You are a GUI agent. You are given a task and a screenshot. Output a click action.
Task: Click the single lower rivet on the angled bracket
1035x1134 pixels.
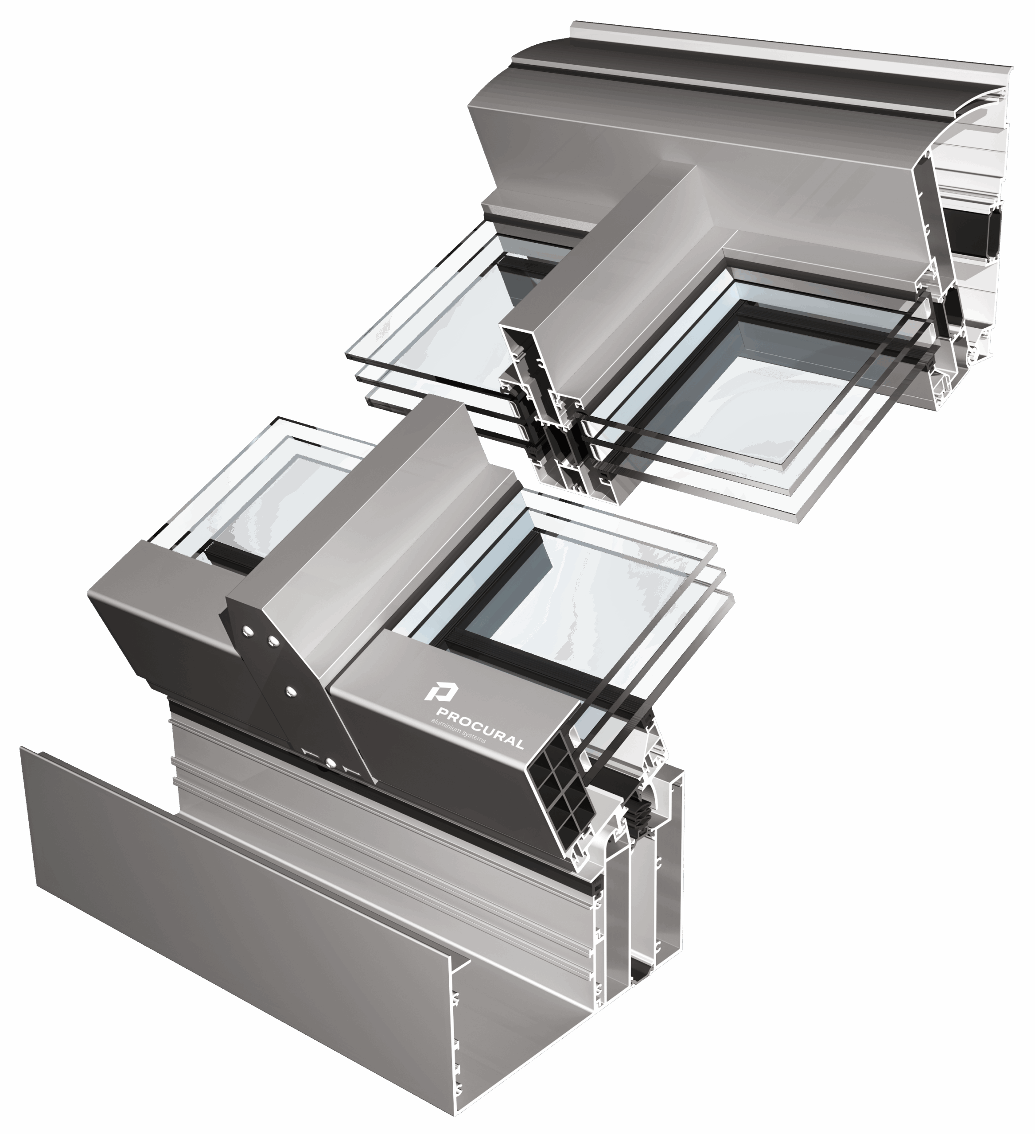point(290,691)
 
